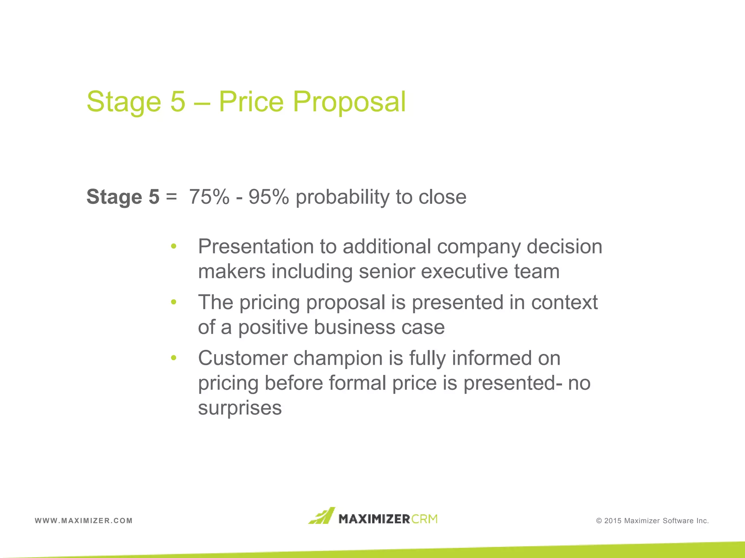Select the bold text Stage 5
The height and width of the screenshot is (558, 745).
[123, 197]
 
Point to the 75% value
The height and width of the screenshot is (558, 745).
[209, 197]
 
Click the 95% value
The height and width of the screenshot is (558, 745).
[268, 197]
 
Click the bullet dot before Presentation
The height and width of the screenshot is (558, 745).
[174, 247]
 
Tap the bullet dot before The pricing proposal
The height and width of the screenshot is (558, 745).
[174, 302]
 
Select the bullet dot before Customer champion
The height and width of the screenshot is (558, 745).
[174, 358]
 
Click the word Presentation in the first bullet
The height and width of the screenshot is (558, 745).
[256, 247]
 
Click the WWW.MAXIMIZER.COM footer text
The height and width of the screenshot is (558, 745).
[84, 521]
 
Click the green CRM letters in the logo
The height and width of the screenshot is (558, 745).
[425, 519]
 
